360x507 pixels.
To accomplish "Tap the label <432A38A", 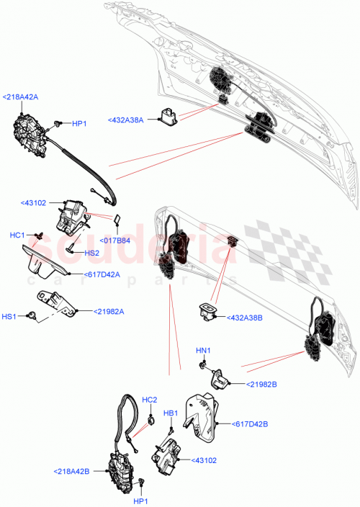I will [x=126, y=120].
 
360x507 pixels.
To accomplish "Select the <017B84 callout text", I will [x=114, y=241].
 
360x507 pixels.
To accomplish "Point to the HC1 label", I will [x=17, y=235].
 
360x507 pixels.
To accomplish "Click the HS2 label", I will [x=91, y=253].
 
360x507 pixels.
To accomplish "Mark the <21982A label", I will [x=107, y=311].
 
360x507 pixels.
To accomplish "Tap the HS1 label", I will [x=9, y=315].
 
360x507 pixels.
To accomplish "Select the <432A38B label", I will [x=246, y=317].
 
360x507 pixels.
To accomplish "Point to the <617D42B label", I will [x=251, y=424].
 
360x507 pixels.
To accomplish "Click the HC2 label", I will [x=149, y=400].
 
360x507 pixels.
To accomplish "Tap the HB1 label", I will [x=171, y=413].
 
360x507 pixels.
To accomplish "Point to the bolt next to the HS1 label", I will [x=32, y=315].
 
